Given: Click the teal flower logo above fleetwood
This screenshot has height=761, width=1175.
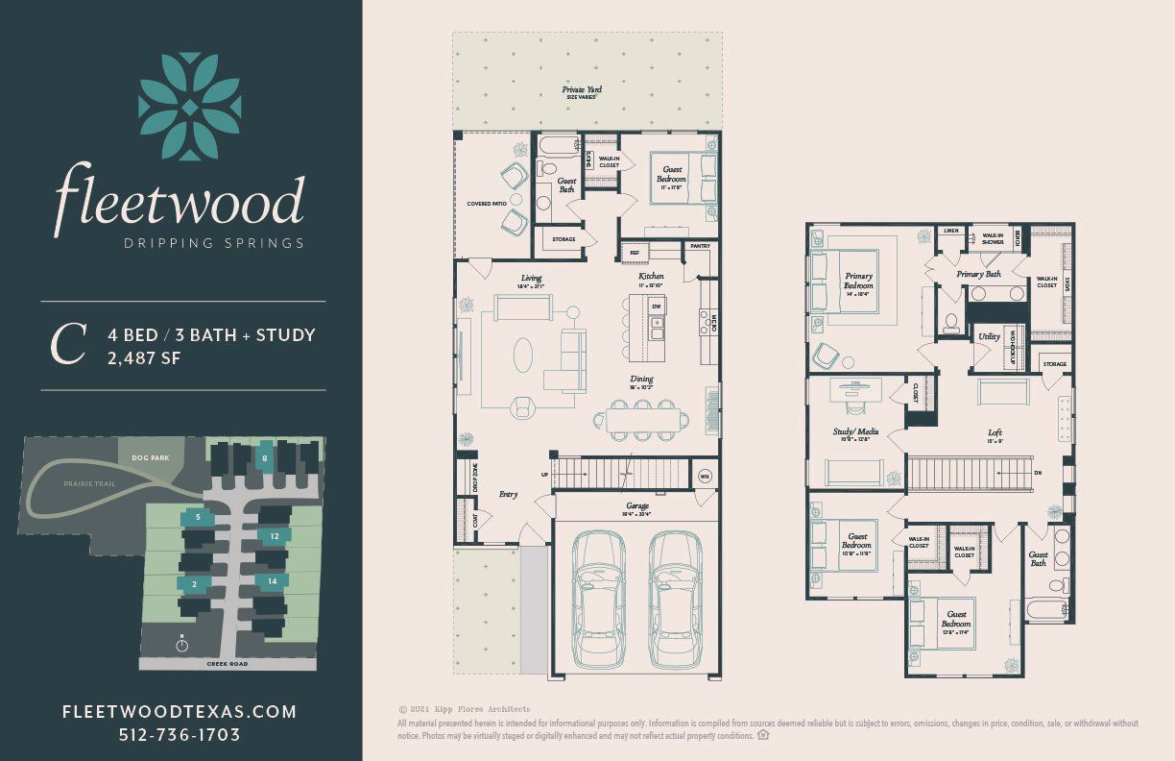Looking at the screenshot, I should coord(189,106).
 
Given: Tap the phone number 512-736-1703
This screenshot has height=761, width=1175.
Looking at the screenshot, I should coord(180,735).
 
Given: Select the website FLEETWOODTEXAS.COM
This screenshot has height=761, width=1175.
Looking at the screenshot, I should coord(180,712).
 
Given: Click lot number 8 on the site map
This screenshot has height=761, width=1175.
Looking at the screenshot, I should coord(265,458).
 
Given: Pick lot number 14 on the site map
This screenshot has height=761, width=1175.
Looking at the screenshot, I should coord(273,580).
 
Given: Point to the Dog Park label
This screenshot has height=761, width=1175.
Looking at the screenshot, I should coord(151,458).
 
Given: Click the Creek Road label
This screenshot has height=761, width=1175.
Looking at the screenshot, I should coord(227,664).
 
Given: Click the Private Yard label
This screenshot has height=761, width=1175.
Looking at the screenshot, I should coord(587,92).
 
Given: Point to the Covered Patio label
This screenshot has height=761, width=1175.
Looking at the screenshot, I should coord(486,204).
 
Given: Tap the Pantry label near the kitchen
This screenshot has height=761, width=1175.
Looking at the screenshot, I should coord(699,247).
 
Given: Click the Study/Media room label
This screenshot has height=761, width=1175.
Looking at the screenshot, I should coord(854,432).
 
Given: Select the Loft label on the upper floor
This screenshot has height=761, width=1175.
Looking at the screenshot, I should coord(995,432).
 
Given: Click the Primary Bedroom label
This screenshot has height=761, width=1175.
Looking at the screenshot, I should coord(858,281).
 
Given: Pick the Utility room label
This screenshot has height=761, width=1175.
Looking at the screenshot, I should coord(989,337).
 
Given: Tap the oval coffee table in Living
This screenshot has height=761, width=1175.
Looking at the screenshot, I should coord(523,355).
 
